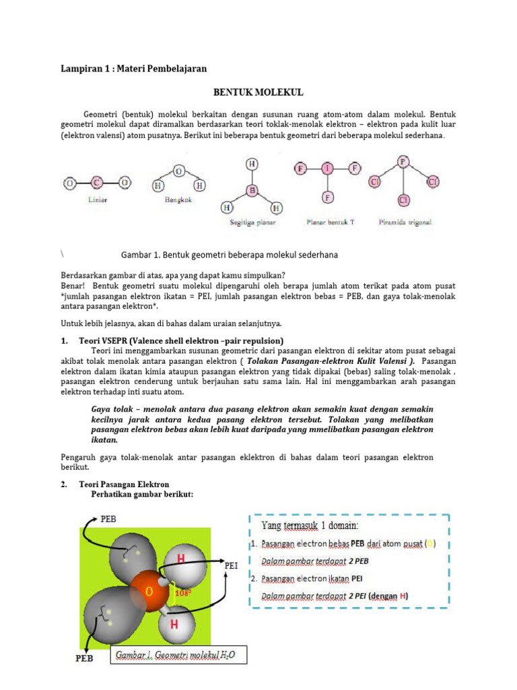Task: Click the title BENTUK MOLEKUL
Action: pyautogui.click(x=258, y=92)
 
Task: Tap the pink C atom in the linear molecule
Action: pyautogui.click(x=96, y=183)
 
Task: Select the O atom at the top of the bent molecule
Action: pyautogui.click(x=178, y=172)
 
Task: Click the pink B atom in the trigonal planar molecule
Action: pyautogui.click(x=252, y=191)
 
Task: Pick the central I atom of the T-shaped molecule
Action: pyautogui.click(x=327, y=168)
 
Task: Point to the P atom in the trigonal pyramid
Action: pyautogui.click(x=403, y=162)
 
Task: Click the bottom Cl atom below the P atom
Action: pyautogui.click(x=403, y=200)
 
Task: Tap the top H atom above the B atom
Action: pyautogui.click(x=252, y=164)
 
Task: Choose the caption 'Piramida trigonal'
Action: pyautogui.click(x=405, y=221)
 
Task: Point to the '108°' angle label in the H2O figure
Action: pyautogui.click(x=183, y=593)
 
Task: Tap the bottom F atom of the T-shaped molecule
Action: pyautogui.click(x=327, y=197)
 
